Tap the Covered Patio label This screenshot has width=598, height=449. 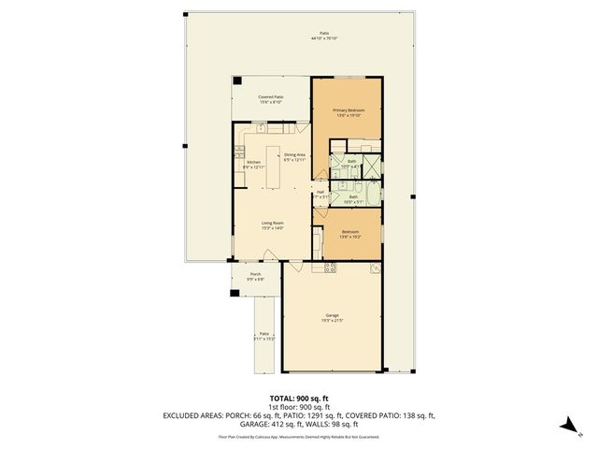[x=271, y=99]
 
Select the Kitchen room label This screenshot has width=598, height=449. [x=254, y=165]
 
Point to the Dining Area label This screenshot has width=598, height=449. [x=295, y=157]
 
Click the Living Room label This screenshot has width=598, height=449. [x=271, y=225]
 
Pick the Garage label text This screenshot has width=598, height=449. [x=332, y=318]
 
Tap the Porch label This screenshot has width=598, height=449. [x=255, y=276]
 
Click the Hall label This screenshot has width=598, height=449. [x=320, y=195]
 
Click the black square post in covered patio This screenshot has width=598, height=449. [x=237, y=80]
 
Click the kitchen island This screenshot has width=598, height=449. [x=276, y=158]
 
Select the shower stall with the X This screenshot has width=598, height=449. [x=371, y=166]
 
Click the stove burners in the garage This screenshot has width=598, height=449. [x=329, y=269]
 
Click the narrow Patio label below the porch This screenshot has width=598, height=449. [x=264, y=336]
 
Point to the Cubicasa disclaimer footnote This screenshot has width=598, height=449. [x=299, y=436]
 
